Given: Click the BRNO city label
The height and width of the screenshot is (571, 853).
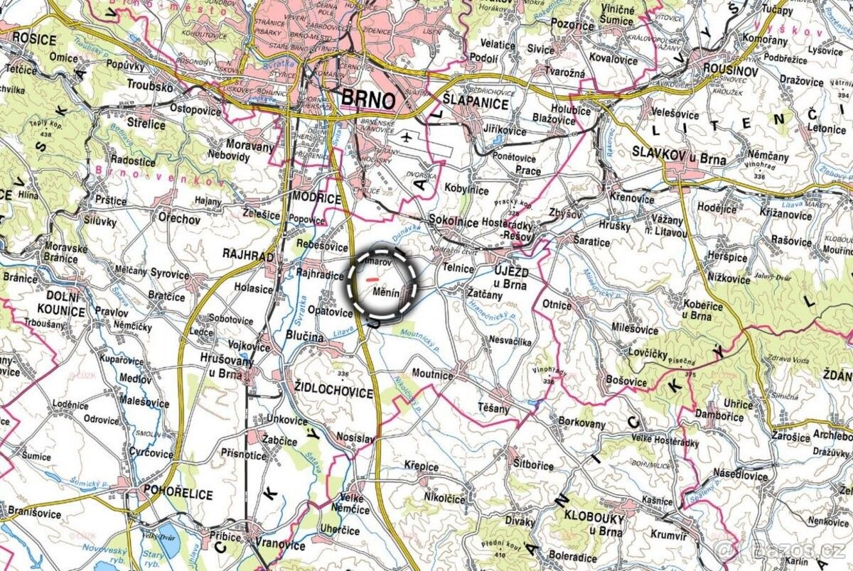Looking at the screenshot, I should [368, 99].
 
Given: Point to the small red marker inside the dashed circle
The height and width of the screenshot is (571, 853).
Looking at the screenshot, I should [371, 280].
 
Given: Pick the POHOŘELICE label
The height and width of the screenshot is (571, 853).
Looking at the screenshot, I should [178, 489].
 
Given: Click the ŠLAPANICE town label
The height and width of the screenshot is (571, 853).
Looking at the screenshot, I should [475, 104].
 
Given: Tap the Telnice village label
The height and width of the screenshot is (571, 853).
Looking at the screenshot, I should [458, 269].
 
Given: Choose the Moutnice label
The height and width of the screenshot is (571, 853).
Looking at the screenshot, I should [432, 375].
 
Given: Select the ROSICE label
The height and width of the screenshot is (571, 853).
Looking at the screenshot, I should [33, 39].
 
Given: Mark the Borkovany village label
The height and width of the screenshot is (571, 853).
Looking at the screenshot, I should [582, 424].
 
